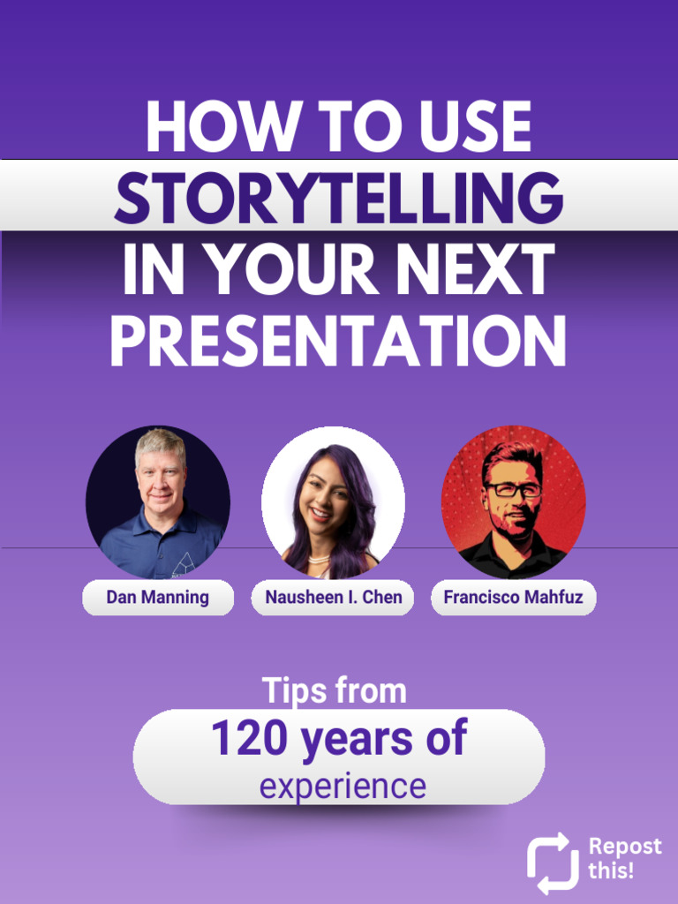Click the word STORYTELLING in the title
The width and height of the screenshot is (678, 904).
pos(338,197)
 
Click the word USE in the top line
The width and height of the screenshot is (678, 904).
pos(476,127)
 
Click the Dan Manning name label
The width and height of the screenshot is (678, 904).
pos(158,598)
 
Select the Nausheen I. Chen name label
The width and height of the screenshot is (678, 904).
pos(333,598)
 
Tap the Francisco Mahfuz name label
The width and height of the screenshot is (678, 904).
pos(513,598)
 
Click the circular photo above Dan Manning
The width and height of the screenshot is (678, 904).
pos(158,501)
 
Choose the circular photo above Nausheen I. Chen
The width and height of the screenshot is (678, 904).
pos(333,501)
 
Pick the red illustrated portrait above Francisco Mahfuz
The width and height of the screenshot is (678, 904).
pos(513,501)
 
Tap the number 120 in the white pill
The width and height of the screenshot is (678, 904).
pos(250,738)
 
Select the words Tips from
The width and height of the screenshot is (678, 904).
pos(335,691)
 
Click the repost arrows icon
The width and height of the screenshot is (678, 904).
pos(553,863)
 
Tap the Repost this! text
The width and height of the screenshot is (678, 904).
pos(624,858)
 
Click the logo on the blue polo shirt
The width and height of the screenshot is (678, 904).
pos(184,563)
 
